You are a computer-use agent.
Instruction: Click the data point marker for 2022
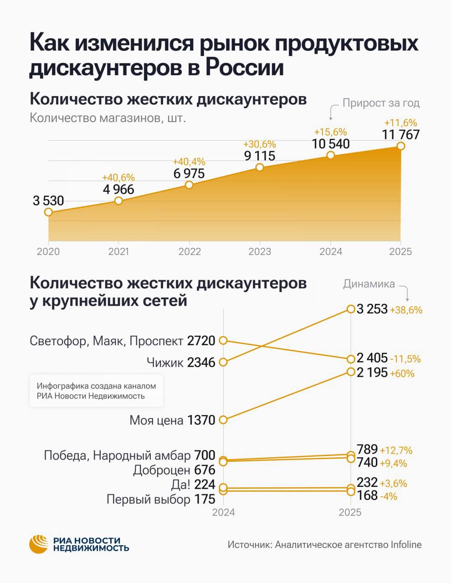click(190, 184)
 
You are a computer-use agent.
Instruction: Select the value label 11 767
click(401, 135)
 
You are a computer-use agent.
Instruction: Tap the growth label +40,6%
click(118, 178)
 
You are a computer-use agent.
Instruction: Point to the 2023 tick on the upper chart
click(260, 251)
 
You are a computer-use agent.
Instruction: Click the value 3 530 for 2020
click(48, 200)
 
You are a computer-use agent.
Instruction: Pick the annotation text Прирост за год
click(381, 103)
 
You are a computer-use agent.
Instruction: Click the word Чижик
click(165, 363)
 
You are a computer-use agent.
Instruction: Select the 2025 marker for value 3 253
click(350, 309)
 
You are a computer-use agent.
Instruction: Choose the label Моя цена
click(156, 420)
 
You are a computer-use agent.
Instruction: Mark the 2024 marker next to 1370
click(223, 419)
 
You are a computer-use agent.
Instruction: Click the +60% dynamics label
click(402, 373)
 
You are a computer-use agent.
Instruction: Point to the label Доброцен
click(162, 470)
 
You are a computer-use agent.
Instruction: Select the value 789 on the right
click(367, 450)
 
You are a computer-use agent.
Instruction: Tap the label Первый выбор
click(148, 500)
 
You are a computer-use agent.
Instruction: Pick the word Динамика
click(369, 284)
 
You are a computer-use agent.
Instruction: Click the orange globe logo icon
click(39, 544)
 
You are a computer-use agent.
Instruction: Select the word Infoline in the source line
click(406, 545)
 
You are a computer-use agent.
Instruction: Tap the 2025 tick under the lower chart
click(350, 512)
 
